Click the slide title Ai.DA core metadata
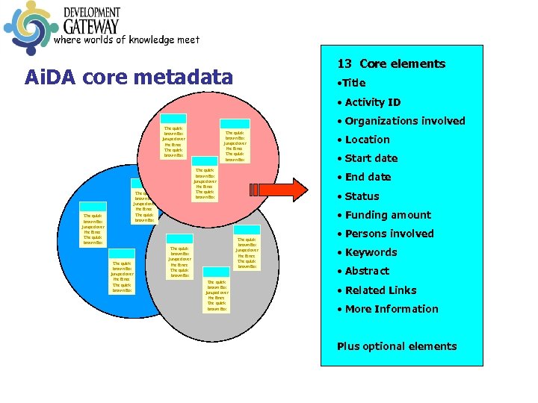click(129, 77)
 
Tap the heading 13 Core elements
click(391, 64)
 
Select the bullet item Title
click(354, 83)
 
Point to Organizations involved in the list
click(404, 121)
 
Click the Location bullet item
click(367, 140)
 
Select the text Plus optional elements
click(397, 346)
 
